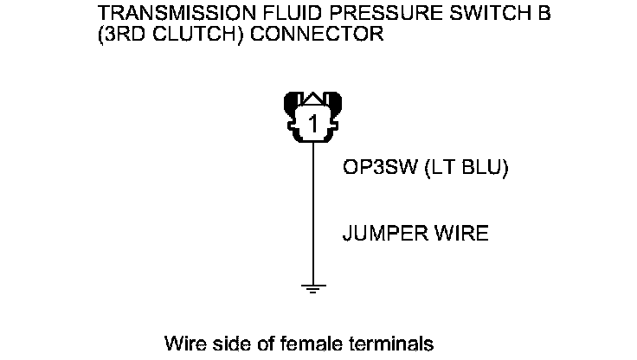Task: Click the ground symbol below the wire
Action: point(313,287)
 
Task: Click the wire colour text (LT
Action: point(438,168)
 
